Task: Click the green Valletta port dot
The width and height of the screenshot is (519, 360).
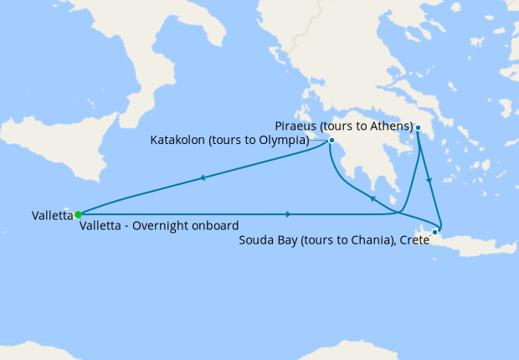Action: pos(77,214)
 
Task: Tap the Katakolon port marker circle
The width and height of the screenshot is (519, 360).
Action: pos(332,140)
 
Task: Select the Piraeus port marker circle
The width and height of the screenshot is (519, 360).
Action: pos(417,127)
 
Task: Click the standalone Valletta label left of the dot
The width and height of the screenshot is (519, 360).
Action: pos(52,215)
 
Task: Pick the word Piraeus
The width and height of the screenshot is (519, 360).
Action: pos(296,126)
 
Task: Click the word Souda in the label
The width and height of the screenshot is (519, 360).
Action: pos(257,241)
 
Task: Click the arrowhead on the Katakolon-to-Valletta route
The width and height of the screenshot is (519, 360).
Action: pos(202,177)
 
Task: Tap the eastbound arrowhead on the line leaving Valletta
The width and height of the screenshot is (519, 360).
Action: pos(288,213)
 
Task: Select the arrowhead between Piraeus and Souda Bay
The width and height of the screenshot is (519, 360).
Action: pos(429,180)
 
